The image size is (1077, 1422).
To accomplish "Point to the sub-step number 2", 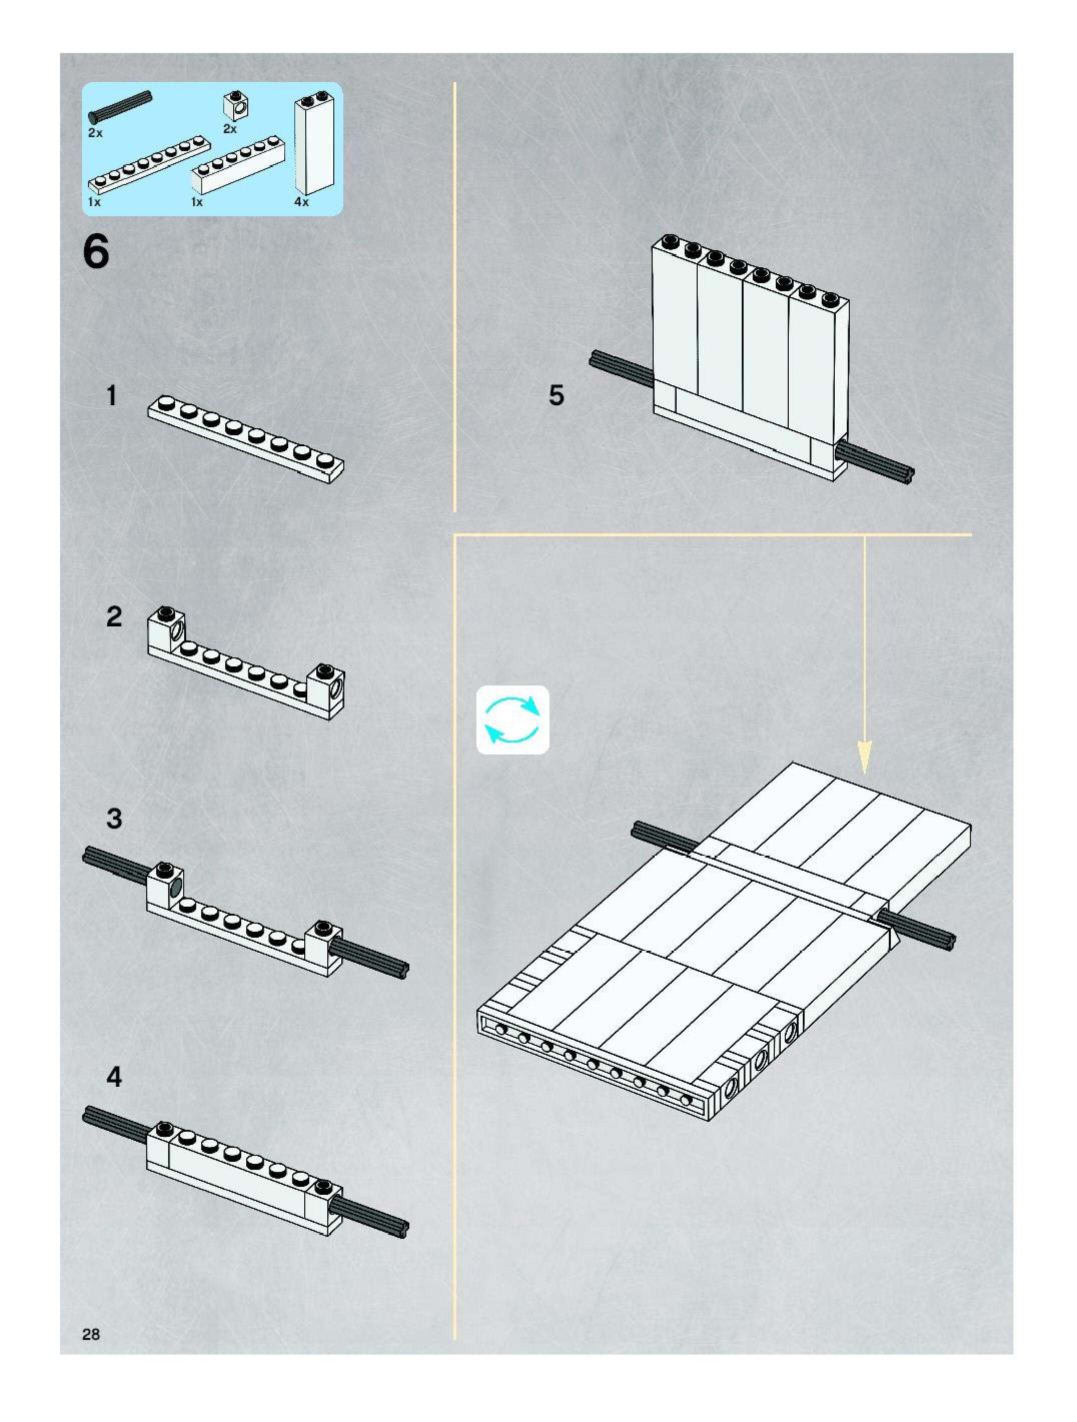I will pyautogui.click(x=114, y=616).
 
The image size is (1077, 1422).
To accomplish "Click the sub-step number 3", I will pyautogui.click(x=114, y=819).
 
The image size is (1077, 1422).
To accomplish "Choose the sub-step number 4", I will pyautogui.click(x=114, y=1076).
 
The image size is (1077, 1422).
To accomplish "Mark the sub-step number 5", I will pyautogui.click(x=556, y=395).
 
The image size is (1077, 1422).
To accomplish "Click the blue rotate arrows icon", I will pyautogui.click(x=512, y=720).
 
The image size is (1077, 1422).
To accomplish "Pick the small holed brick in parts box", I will pyautogui.click(x=236, y=105).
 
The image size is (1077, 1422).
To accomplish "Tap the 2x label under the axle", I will pyautogui.click(x=95, y=133).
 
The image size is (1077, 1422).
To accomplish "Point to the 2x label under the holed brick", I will pyautogui.click(x=230, y=129).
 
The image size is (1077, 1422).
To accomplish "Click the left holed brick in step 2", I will pyautogui.click(x=167, y=627).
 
